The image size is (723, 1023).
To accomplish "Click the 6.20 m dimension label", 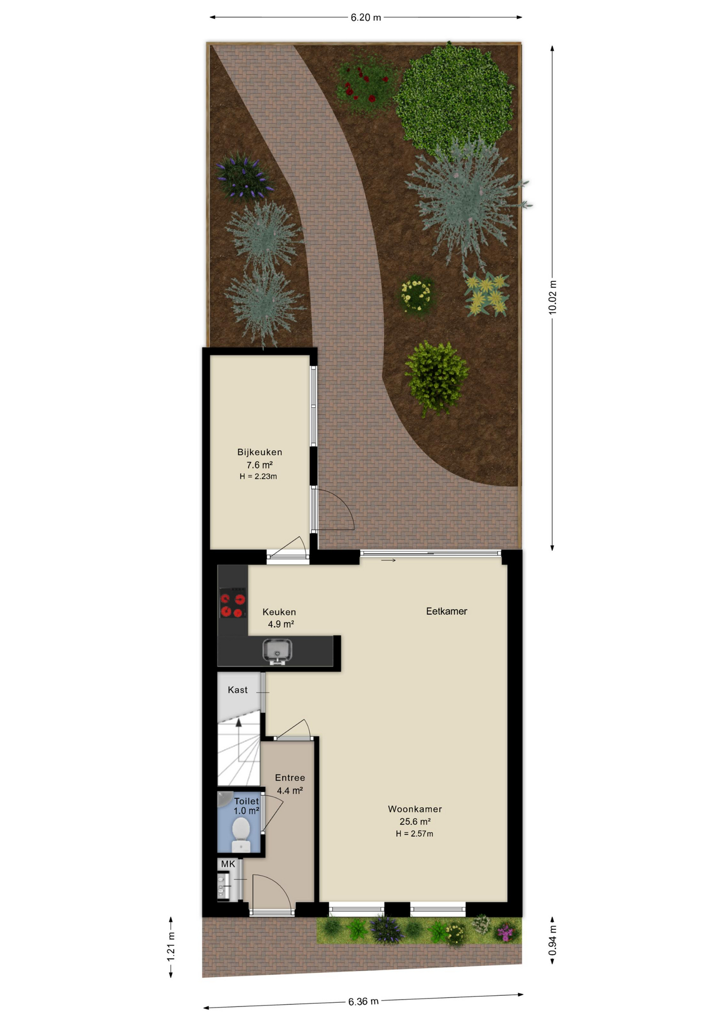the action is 365,18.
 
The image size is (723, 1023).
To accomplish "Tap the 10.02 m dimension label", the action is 553,297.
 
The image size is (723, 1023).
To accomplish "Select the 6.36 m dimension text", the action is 364,1002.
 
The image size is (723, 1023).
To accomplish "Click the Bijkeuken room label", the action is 260,452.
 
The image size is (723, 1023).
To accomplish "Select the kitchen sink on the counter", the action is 277,652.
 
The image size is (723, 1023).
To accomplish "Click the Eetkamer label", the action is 447,612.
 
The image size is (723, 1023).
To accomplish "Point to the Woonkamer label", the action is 415,809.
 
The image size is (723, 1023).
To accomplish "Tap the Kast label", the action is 237,690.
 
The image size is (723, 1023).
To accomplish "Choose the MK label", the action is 228,864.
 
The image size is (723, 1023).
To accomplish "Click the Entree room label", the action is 290,778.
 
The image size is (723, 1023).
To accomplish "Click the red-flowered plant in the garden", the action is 366,82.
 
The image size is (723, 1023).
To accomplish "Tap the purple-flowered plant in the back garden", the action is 244,175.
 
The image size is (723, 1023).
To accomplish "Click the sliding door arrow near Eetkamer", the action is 388,560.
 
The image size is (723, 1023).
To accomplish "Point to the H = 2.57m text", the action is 414,834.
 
